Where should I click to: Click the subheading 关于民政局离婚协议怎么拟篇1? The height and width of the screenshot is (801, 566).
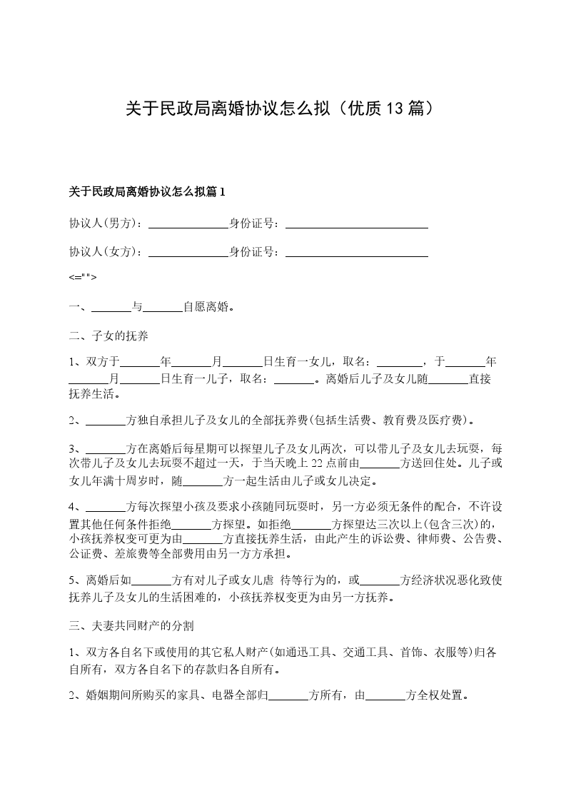147,191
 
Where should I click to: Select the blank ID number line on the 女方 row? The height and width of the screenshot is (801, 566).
356,253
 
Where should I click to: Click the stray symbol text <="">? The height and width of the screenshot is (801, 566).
83,277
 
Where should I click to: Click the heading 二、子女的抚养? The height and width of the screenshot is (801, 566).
108,336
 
